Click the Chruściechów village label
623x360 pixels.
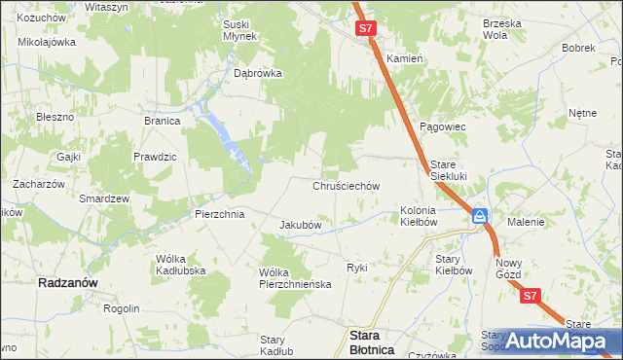click(x=346, y=185)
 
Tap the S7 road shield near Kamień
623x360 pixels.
click(x=365, y=30)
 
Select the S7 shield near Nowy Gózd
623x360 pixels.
click(x=530, y=296)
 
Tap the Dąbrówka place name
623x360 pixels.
click(x=258, y=73)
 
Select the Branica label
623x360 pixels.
click(x=163, y=122)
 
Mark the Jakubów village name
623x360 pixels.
click(x=301, y=225)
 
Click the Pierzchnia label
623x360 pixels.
click(x=219, y=213)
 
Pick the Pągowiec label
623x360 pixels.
click(x=443, y=127)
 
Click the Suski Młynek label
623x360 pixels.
click(x=239, y=30)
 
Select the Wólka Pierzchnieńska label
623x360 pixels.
click(x=296, y=277)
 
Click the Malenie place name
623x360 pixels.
click(x=526, y=222)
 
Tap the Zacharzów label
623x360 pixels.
click(x=38, y=183)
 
